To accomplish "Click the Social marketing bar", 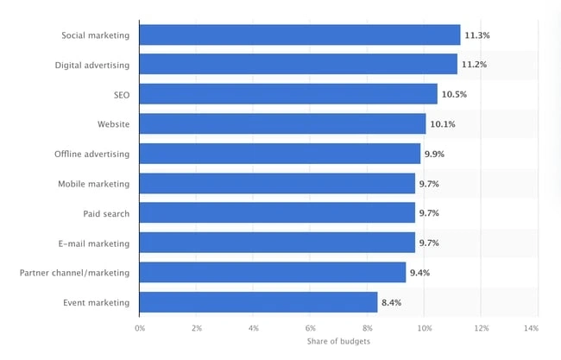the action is [x=299, y=35].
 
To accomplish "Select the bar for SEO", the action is [x=288, y=94].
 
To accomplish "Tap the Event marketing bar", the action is [x=258, y=302].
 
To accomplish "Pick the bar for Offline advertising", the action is [x=280, y=154].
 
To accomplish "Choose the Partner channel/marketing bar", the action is [x=273, y=272].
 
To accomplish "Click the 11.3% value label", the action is [x=477, y=35].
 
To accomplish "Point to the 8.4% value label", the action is [x=392, y=302].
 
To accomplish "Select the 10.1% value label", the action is [x=443, y=124].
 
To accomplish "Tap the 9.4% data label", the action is [x=419, y=273].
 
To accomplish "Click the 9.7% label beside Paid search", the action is [x=429, y=213].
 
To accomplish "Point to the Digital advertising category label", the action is [x=92, y=65].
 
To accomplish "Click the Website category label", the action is [x=113, y=124].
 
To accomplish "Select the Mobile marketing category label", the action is [x=94, y=184].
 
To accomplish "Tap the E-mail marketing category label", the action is [x=94, y=243].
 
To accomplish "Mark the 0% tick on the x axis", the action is [x=140, y=328].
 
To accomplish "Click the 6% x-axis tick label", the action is [x=311, y=328].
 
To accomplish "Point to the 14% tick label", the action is [x=532, y=328].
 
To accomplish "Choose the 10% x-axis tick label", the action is [x=425, y=328].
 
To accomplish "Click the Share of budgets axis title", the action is [x=338, y=341].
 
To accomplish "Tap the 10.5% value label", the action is [x=454, y=94].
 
